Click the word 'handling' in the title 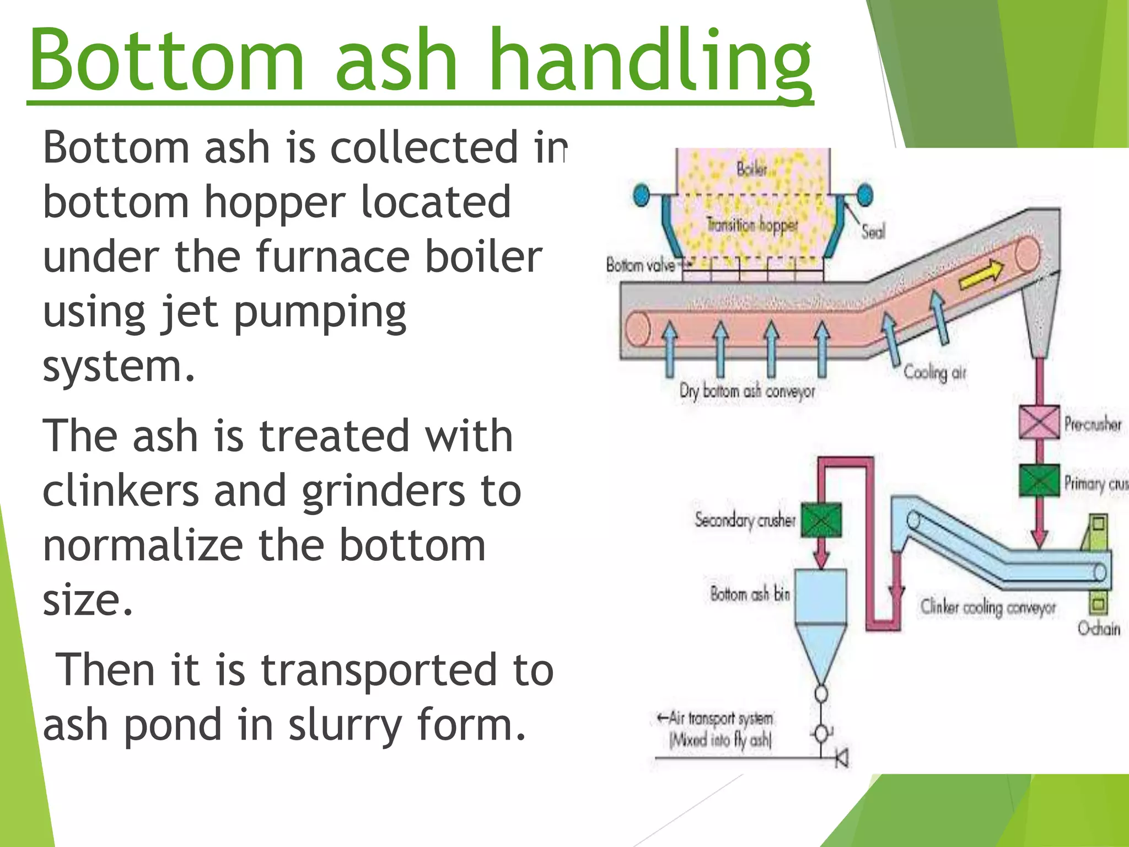650,61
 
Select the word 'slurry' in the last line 345,726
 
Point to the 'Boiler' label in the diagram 752,168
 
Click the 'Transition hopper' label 752,225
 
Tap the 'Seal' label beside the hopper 873,232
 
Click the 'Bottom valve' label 641,265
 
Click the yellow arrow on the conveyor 981,274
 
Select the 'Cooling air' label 934,373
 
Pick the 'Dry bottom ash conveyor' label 747,391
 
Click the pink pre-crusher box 1039,422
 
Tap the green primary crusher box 1039,481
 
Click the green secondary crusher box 821,519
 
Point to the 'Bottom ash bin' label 750,594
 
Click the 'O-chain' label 1099,629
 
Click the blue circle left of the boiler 641,195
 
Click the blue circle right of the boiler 865,195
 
